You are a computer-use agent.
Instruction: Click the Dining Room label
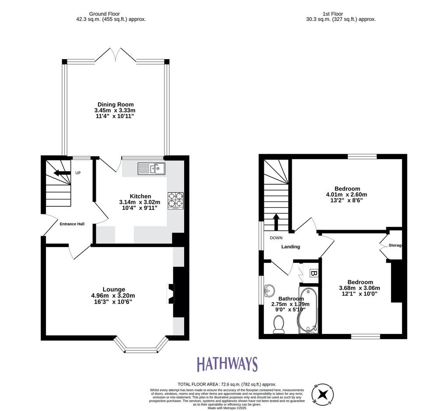click(x=115, y=104)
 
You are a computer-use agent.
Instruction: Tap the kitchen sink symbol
click(x=151, y=169)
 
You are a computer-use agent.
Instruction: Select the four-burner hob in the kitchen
click(x=175, y=200)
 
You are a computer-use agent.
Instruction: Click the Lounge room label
click(x=114, y=289)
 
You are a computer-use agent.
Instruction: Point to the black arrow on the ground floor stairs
click(x=62, y=173)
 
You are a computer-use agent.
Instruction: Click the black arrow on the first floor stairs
click(x=276, y=222)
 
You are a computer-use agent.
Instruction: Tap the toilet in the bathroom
click(x=279, y=325)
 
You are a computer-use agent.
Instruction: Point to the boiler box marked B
click(x=314, y=273)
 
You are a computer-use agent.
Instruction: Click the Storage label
click(x=395, y=245)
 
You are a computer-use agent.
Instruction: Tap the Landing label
click(x=290, y=247)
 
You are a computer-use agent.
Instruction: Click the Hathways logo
click(x=227, y=364)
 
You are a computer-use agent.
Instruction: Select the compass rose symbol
click(x=323, y=394)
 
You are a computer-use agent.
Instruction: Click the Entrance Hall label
click(x=72, y=224)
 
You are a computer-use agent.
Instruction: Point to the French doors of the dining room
click(x=115, y=55)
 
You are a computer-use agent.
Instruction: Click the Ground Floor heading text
click(x=104, y=14)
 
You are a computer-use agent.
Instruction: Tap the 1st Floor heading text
click(x=333, y=14)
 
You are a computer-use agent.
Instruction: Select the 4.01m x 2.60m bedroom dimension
click(x=346, y=195)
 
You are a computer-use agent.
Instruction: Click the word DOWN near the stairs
click(x=276, y=238)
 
